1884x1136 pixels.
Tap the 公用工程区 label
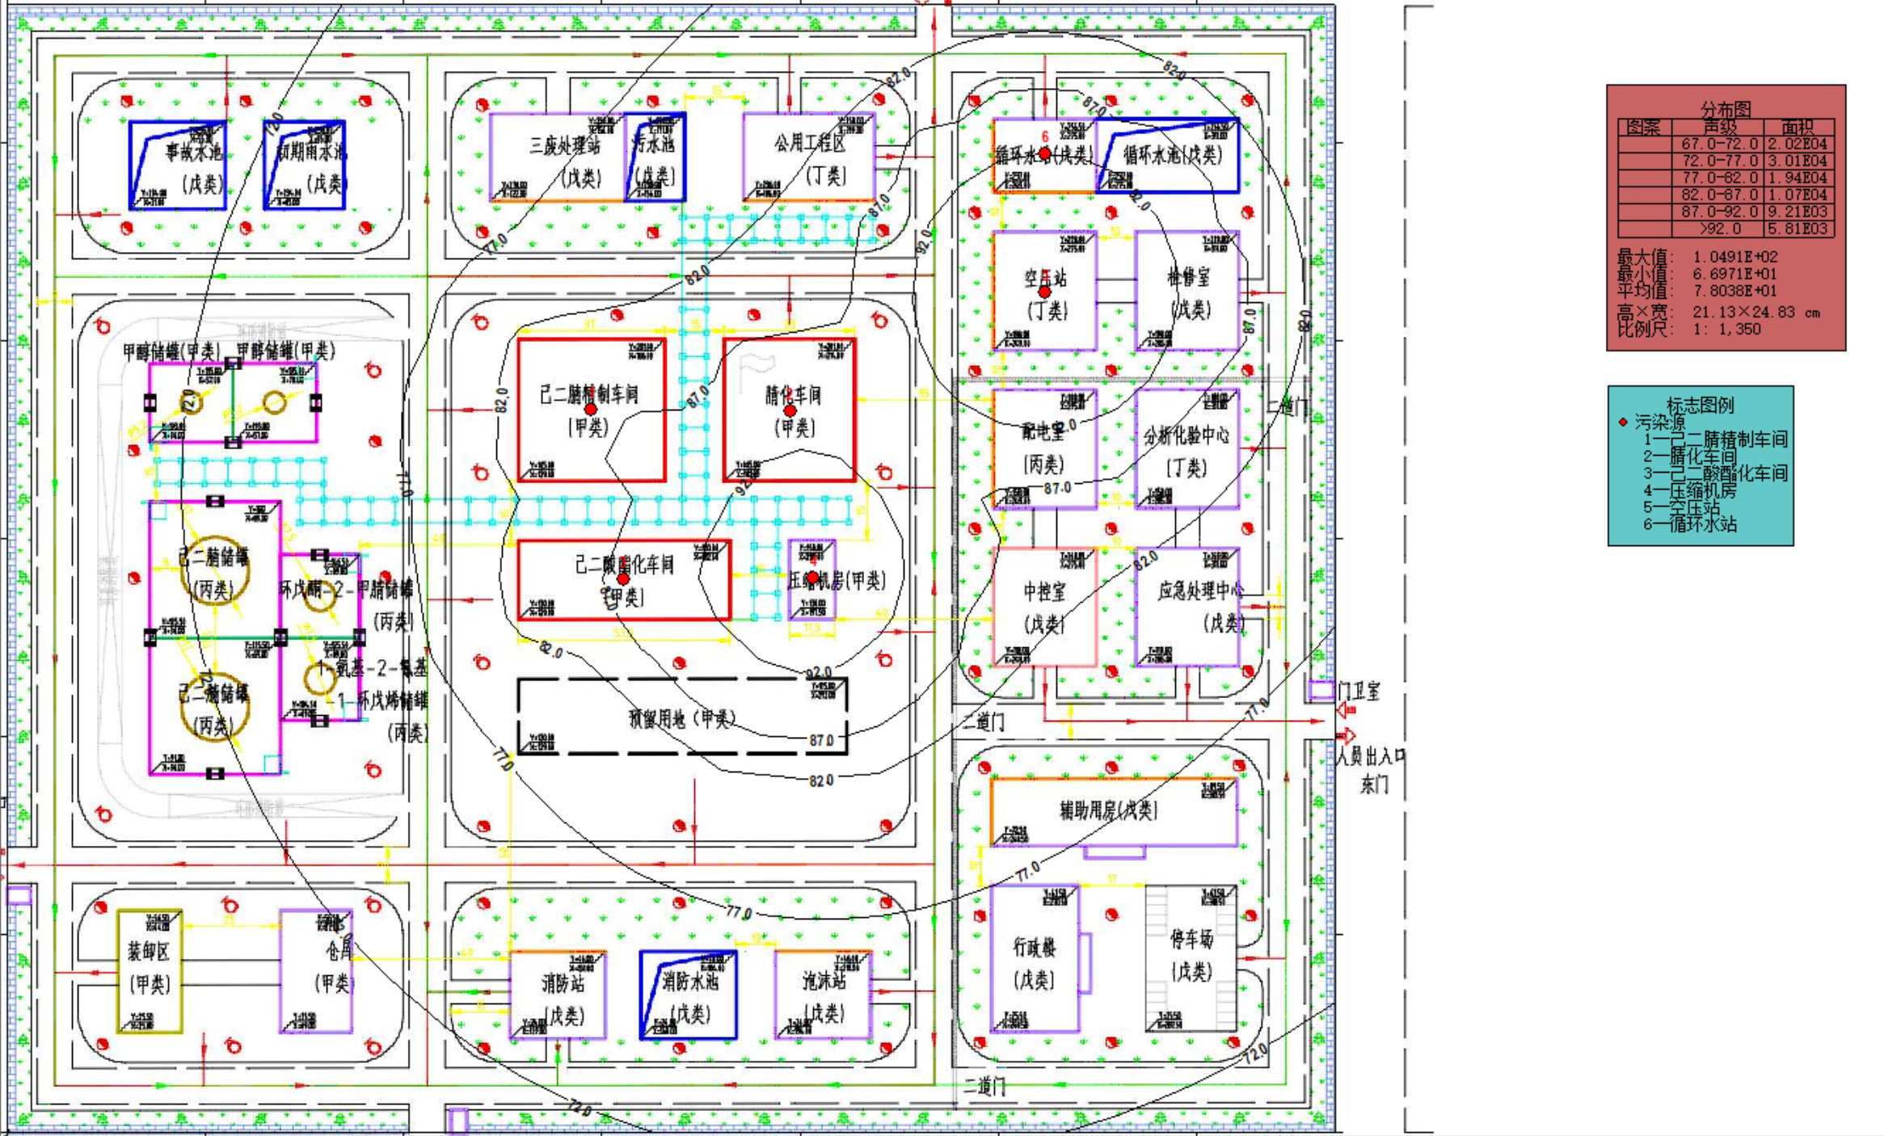pos(809,144)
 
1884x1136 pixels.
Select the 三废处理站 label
pos(565,146)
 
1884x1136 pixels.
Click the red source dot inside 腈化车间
pos(790,411)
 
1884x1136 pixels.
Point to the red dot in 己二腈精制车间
pos(591,410)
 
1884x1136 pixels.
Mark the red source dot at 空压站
pos(1044,292)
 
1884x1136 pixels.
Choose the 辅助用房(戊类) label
pos(1108,810)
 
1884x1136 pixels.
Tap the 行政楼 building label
pos(1035,946)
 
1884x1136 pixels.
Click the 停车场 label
pos(1191,939)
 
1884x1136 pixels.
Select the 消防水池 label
pos(690,982)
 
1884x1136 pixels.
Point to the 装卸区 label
pos(149,952)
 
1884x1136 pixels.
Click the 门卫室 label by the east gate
pos(1359,691)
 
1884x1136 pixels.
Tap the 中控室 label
pos(1044,592)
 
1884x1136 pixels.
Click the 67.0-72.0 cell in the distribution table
pos(1719,144)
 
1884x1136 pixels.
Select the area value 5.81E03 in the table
pos(1797,229)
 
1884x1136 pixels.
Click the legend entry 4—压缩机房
pos(1689,490)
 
